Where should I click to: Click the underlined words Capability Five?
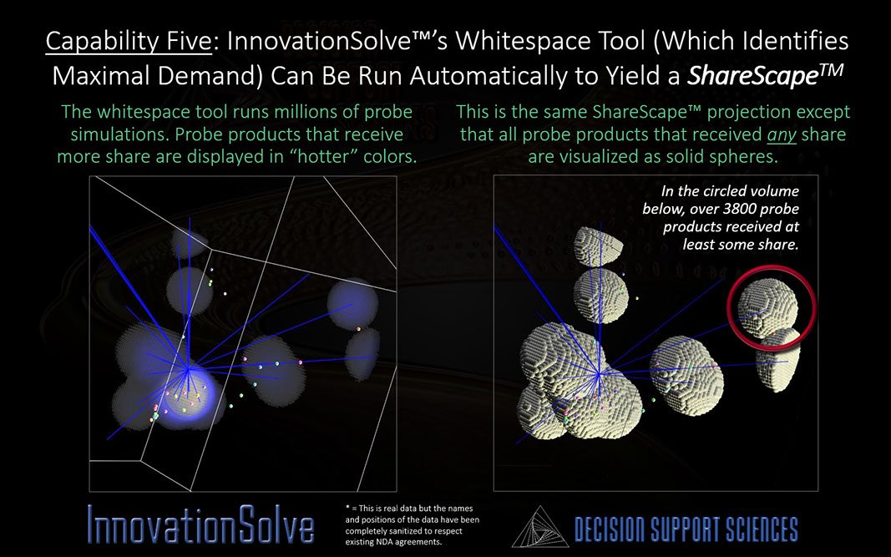tap(129, 42)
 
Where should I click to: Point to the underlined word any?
tap(782, 135)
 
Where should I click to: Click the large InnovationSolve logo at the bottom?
tap(200, 524)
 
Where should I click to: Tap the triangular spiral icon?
tap(539, 527)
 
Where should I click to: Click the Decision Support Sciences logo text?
tap(686, 529)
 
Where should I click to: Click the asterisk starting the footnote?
tap(347, 508)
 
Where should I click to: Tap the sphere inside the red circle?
tap(767, 307)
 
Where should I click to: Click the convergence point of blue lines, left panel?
tap(188, 369)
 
